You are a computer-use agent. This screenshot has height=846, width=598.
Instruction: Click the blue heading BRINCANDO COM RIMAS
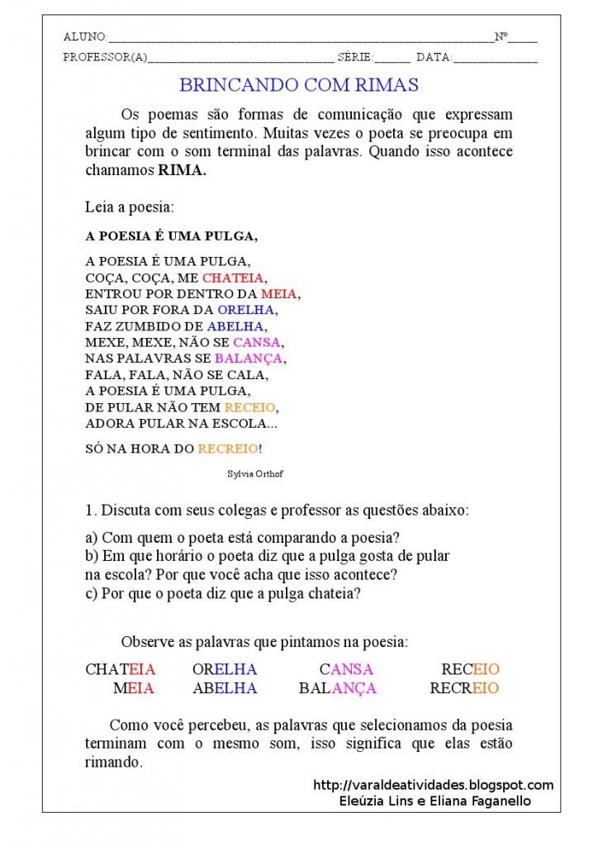click(299, 84)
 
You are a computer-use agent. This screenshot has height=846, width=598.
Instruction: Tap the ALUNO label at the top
click(85, 37)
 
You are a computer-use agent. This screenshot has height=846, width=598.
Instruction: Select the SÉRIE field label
click(356, 58)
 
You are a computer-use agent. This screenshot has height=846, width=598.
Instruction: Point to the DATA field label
click(434, 58)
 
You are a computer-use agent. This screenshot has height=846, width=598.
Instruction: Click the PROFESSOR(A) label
click(105, 58)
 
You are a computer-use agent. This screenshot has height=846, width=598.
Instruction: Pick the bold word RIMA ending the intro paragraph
click(182, 171)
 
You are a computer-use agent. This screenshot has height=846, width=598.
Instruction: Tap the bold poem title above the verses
click(171, 236)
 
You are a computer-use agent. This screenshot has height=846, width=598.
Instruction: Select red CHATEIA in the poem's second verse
click(233, 278)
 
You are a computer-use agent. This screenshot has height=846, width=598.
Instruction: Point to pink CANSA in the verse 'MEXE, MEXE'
click(257, 342)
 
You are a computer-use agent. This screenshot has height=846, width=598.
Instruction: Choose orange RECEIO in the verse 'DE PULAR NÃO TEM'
click(251, 407)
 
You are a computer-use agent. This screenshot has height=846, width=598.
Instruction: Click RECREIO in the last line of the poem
click(227, 449)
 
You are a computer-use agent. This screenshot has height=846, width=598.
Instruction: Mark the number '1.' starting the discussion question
click(91, 511)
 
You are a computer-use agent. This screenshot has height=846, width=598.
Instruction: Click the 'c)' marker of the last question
click(91, 593)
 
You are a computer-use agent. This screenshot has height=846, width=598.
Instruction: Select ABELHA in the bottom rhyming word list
click(225, 688)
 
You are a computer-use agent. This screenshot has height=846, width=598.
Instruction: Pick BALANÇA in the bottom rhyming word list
click(337, 688)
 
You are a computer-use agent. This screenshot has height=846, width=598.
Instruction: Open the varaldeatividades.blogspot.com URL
click(434, 785)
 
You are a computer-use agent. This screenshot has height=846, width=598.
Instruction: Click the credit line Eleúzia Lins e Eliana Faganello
click(434, 801)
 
